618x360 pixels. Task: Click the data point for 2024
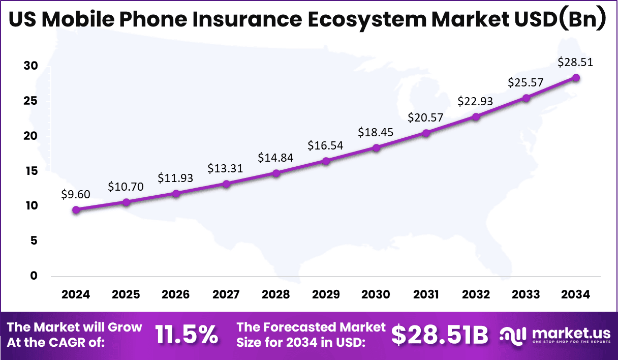(x=76, y=209)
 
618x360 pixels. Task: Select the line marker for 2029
(x=326, y=161)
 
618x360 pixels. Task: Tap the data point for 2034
(x=576, y=77)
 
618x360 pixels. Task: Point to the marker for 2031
(x=426, y=133)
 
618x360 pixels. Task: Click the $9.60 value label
(x=75, y=194)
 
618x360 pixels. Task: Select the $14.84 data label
(x=275, y=157)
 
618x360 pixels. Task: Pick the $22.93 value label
(x=476, y=101)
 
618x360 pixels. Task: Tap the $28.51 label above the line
(x=575, y=62)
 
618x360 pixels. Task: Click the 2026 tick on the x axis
(x=175, y=294)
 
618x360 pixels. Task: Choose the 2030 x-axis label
(x=376, y=294)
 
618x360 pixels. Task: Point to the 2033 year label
(x=526, y=294)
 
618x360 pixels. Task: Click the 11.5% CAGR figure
(x=187, y=335)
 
